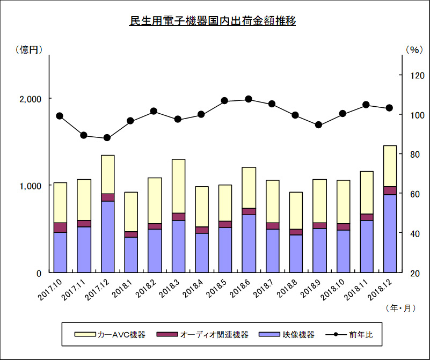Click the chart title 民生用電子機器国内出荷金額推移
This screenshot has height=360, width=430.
click(213, 21)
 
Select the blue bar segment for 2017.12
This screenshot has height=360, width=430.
click(107, 237)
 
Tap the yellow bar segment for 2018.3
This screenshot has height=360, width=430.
click(179, 186)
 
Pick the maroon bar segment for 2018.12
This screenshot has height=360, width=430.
click(390, 190)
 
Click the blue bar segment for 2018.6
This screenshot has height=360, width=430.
click(249, 244)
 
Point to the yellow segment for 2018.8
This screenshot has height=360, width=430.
click(296, 211)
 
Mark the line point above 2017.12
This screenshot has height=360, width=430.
click(107, 137)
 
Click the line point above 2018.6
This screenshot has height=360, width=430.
click(249, 99)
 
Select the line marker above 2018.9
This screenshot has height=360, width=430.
click(318, 125)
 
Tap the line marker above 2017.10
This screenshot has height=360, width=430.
click(60, 116)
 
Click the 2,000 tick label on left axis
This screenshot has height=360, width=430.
click(30, 99)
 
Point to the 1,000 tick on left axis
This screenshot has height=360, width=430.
click(30, 186)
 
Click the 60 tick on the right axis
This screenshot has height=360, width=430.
click(415, 194)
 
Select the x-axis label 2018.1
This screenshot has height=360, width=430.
click(122, 289)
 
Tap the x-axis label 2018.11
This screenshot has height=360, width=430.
click(357, 290)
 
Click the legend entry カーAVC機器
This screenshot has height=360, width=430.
click(110, 335)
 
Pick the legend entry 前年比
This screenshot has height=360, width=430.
click(349, 335)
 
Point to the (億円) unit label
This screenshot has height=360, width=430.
click(29, 49)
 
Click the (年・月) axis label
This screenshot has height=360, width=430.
click(400, 308)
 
